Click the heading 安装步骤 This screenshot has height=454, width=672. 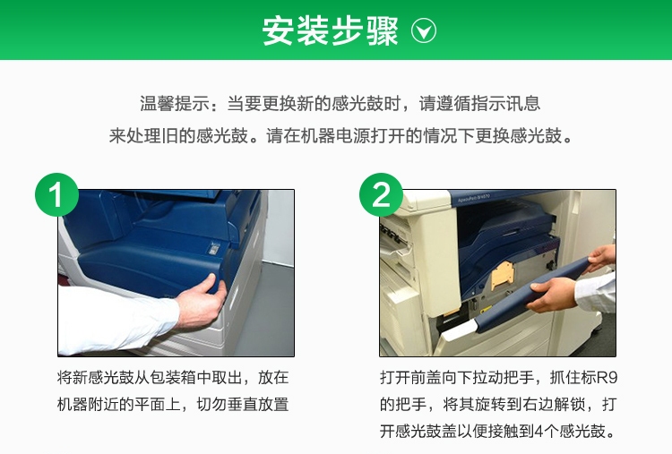(x=330, y=30)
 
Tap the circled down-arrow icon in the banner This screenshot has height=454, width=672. (x=424, y=30)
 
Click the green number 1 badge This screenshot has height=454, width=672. (x=56, y=195)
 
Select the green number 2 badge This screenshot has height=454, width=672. (x=381, y=195)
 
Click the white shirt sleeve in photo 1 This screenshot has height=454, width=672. (x=116, y=319)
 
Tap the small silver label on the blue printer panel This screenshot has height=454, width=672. (x=213, y=248)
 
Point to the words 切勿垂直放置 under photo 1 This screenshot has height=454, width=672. (x=243, y=404)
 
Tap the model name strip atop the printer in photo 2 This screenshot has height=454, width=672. (x=474, y=198)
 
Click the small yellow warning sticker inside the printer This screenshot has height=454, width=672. (x=485, y=308)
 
